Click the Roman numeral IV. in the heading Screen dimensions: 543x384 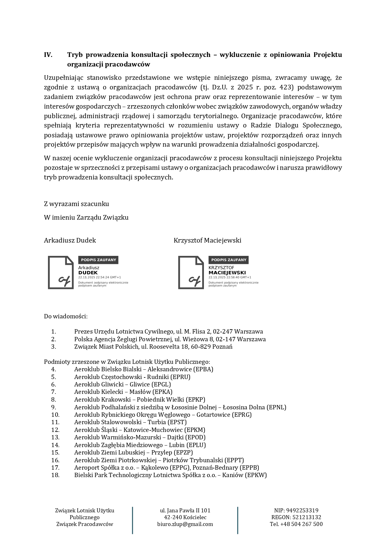[48, 55]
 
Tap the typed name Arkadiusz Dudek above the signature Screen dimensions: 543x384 [70, 240]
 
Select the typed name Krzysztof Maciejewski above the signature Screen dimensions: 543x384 [207, 240]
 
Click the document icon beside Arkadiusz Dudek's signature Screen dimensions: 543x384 [61, 273]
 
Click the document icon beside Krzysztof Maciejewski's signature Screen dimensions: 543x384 [191, 273]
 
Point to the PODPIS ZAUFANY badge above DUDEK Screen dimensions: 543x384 [98, 260]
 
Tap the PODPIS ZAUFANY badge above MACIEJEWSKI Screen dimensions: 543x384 [228, 260]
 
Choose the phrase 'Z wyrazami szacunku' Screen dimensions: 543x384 [76, 204]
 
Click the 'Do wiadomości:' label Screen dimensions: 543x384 [66, 316]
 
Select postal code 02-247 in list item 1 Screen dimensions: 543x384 [223, 332]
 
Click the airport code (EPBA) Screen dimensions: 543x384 [203, 369]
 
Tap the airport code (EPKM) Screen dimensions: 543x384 [195, 430]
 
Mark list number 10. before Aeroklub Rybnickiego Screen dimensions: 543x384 [55, 415]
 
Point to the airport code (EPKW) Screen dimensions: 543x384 [256, 475]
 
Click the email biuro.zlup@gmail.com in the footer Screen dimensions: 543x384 [185, 524]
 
